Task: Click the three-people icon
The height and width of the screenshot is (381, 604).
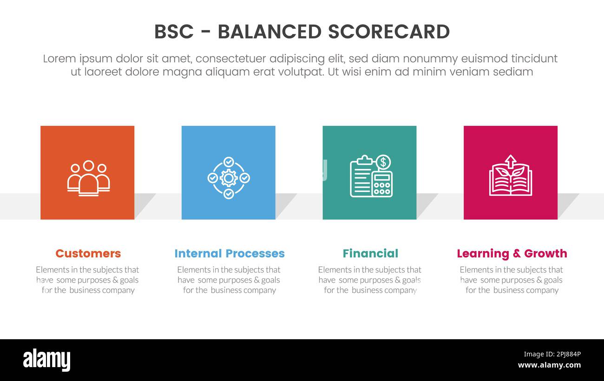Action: [x=88, y=178]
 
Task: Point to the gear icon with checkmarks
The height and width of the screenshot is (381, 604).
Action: [x=228, y=178]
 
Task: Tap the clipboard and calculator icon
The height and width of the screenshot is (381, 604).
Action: [x=371, y=176]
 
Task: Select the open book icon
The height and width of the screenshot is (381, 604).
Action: [x=510, y=181]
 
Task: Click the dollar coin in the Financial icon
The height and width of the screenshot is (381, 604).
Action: [x=383, y=162]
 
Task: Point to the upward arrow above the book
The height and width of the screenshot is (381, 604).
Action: [x=511, y=161]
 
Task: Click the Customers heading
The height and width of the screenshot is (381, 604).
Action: [x=88, y=253]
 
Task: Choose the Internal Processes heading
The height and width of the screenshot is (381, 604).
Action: [x=229, y=253]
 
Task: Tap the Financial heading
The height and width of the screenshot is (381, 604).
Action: [x=370, y=253]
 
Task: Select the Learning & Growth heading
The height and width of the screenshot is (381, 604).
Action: [x=512, y=253]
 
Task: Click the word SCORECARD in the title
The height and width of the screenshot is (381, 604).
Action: [x=388, y=32]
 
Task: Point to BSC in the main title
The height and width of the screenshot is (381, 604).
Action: [x=174, y=32]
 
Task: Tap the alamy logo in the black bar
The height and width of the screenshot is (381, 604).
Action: [x=46, y=360]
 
